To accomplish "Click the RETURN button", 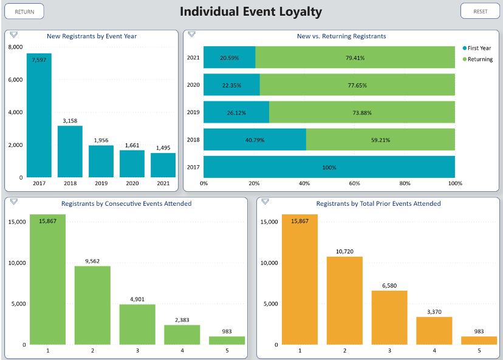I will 25,12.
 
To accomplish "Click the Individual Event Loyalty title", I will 251,12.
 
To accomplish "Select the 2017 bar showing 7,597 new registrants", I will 39,115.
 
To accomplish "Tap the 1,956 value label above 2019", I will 101,140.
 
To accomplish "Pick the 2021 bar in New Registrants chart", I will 163,165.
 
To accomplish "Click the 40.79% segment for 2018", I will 255,140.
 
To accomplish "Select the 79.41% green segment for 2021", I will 355,58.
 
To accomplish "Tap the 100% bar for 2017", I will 329,167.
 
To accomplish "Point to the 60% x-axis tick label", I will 354,183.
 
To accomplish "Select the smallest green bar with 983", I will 227,341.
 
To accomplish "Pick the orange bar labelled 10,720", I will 344,301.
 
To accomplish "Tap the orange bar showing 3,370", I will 434,331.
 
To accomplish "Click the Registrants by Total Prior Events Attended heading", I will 378,204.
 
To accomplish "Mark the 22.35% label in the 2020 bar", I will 231,86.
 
